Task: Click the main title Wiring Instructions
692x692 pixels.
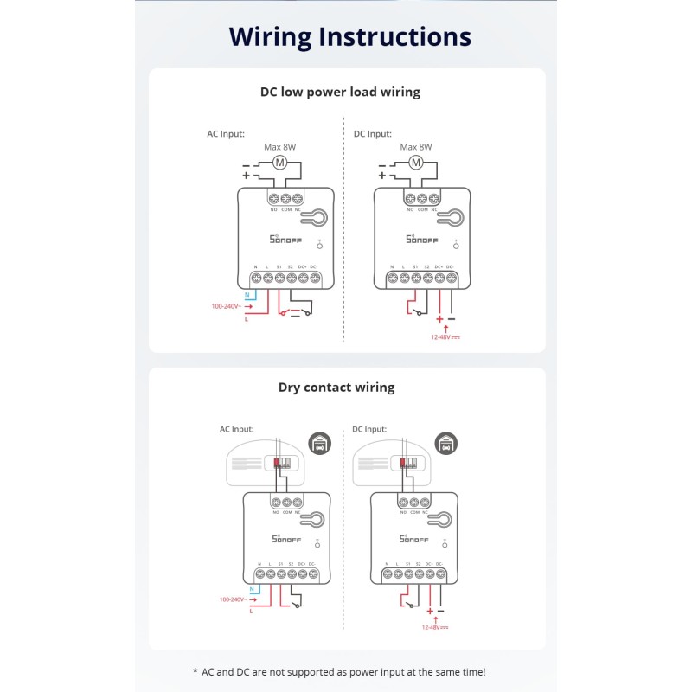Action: point(349,36)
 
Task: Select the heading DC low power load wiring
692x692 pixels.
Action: point(340,92)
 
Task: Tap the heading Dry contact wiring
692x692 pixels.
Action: point(336,388)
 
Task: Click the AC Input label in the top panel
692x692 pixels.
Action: point(225,134)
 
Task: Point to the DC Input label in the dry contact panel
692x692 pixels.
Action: point(369,429)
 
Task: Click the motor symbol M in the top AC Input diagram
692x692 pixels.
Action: point(279,163)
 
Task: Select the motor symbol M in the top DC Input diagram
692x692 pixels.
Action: point(415,163)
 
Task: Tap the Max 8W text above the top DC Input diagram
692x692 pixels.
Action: point(415,147)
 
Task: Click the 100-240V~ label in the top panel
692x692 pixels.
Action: point(227,306)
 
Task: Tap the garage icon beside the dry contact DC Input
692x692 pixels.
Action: point(445,444)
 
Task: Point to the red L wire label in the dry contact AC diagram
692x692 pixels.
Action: point(250,612)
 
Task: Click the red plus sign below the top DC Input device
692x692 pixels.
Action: point(439,319)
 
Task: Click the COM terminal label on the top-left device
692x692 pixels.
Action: point(285,209)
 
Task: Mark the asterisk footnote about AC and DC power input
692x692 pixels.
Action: point(338,671)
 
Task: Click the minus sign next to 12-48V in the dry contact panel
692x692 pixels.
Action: point(440,611)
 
